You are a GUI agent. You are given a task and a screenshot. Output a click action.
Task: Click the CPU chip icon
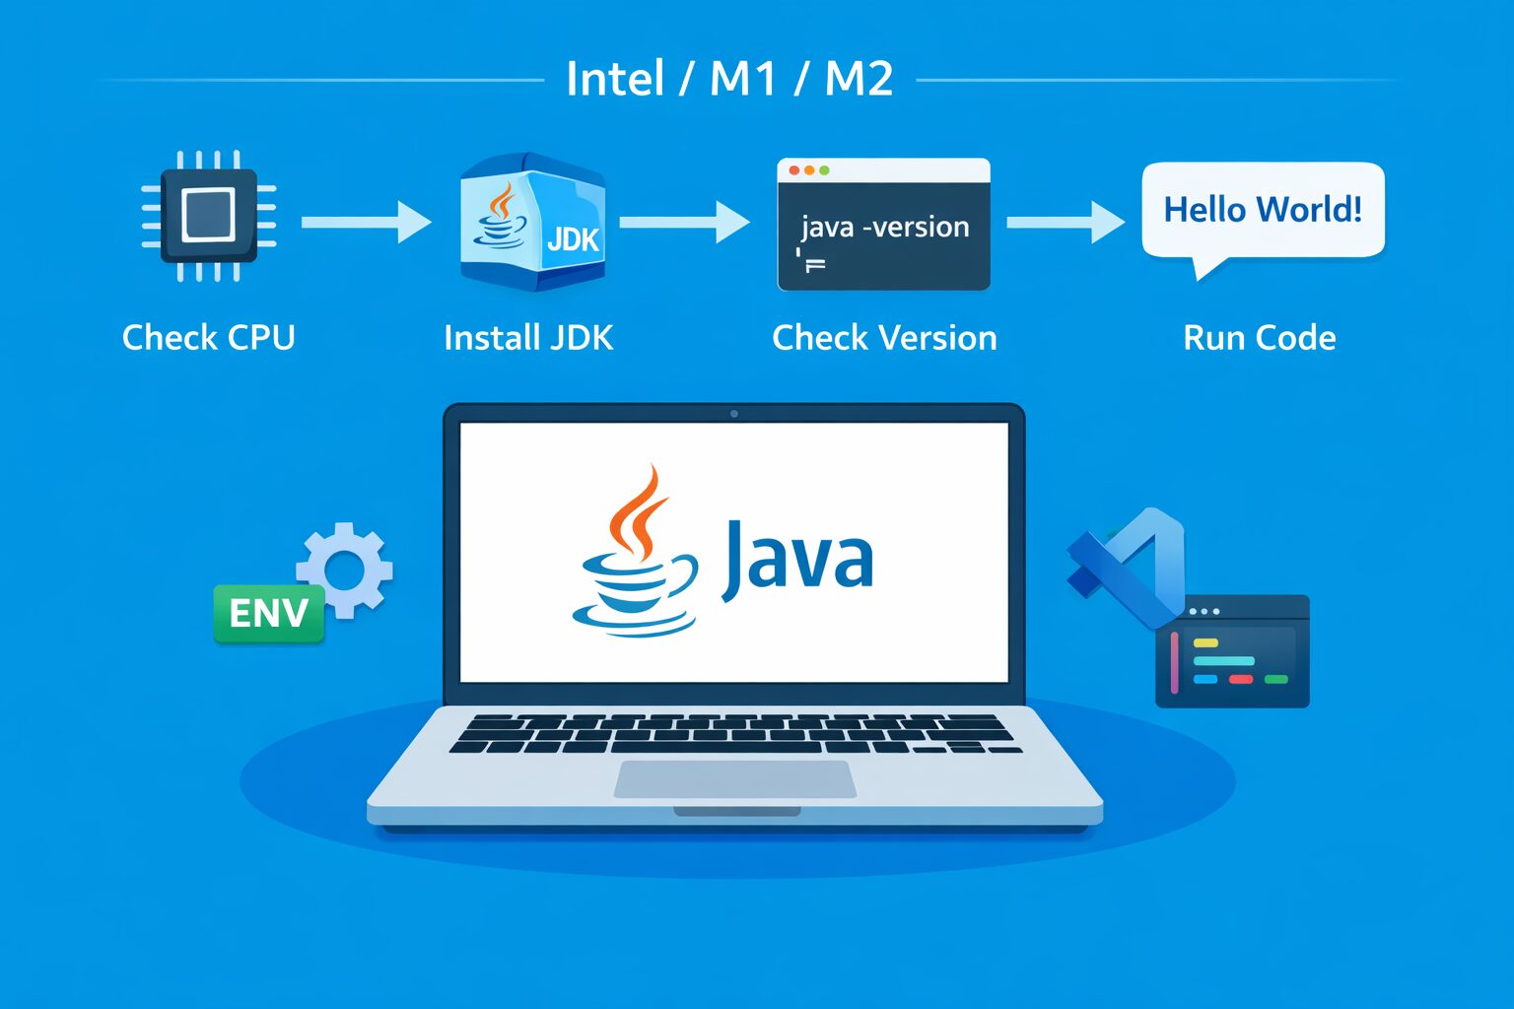pyautogui.click(x=209, y=216)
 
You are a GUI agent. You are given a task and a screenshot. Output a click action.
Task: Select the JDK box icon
pyautogui.click(x=532, y=223)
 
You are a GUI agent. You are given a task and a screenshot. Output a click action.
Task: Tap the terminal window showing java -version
pyautogui.click(x=883, y=225)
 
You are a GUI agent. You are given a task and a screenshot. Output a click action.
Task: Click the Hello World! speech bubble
pyautogui.click(x=1263, y=211)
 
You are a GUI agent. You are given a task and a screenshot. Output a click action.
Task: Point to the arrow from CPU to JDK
pyautogui.click(x=366, y=222)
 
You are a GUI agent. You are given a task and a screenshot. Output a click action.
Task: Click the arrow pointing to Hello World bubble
pyautogui.click(x=1065, y=222)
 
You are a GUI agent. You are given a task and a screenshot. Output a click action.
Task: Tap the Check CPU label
pyautogui.click(x=209, y=338)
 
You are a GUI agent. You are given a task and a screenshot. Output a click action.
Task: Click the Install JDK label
pyautogui.click(x=528, y=338)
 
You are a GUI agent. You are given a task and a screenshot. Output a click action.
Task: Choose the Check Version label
pyautogui.click(x=884, y=338)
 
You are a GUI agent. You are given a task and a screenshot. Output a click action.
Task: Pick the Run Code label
pyautogui.click(x=1259, y=338)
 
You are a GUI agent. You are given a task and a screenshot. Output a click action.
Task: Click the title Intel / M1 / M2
pyautogui.click(x=729, y=79)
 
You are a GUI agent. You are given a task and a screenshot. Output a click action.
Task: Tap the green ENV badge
pyautogui.click(x=269, y=613)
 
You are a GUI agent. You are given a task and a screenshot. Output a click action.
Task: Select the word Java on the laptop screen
pyautogui.click(x=797, y=559)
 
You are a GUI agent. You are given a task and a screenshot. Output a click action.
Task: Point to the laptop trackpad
pyautogui.click(x=735, y=778)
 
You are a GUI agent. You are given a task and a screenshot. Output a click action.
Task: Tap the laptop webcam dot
pyautogui.click(x=734, y=414)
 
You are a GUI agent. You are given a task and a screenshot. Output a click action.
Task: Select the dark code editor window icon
pyautogui.click(x=1232, y=651)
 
